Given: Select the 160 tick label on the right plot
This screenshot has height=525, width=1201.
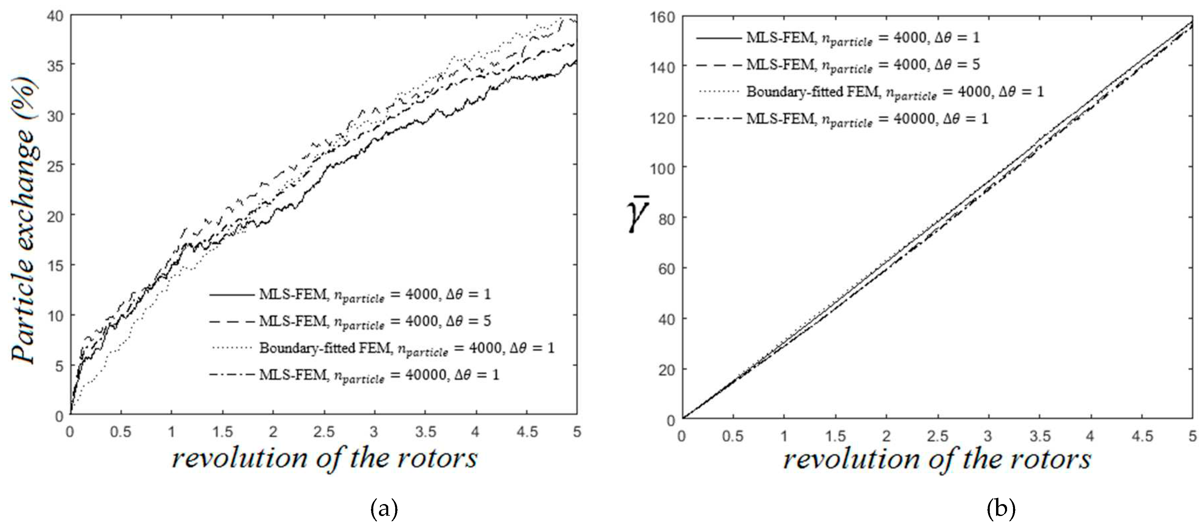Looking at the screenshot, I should tap(662, 17).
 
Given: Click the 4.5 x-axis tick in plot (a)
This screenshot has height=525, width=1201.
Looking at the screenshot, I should tap(527, 432).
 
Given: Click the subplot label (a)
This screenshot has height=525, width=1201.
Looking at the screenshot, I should tap(384, 510).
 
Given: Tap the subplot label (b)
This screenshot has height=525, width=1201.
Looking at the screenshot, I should tap(1001, 510).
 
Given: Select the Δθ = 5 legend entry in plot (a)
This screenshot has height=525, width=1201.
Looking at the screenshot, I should tap(375, 321).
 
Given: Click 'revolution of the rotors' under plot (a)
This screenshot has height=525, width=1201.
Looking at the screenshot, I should tap(324, 459).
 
